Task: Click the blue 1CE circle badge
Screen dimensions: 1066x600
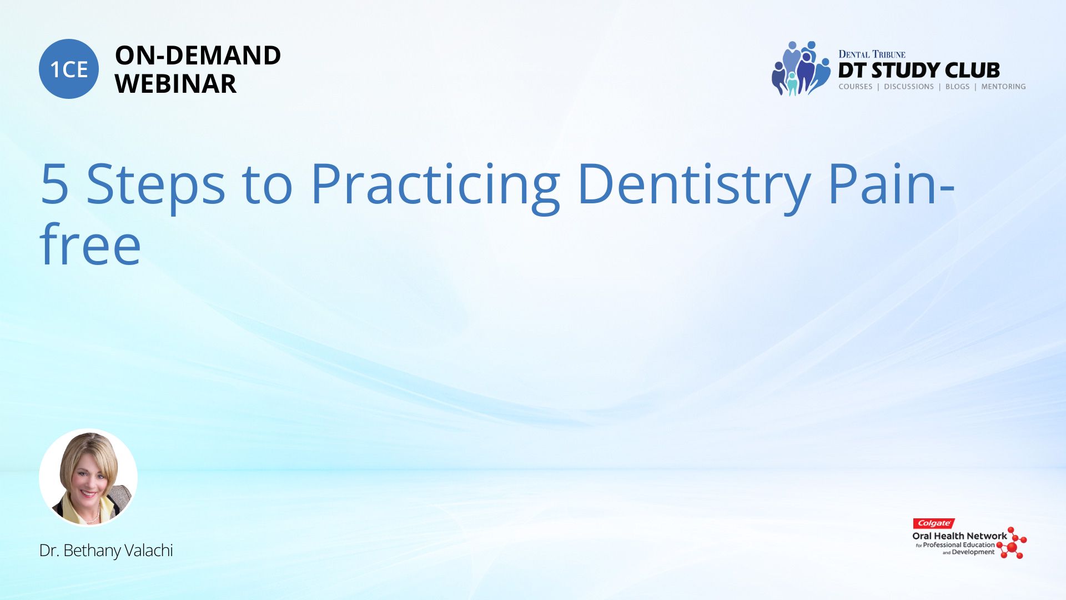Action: tap(69, 69)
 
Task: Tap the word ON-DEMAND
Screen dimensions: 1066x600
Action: tap(198, 56)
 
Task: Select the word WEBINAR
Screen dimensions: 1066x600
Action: tap(175, 84)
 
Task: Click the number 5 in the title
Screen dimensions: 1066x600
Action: tap(54, 184)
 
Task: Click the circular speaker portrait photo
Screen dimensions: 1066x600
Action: tap(88, 477)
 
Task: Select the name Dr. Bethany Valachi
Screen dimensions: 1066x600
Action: tap(106, 551)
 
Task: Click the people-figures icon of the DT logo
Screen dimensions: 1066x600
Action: tap(801, 68)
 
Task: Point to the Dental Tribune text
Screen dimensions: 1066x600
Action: tap(872, 54)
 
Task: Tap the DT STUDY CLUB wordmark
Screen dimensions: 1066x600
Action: tap(919, 71)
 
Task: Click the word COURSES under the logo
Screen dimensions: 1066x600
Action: tap(856, 87)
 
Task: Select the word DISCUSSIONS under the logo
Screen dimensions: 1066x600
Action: tap(909, 87)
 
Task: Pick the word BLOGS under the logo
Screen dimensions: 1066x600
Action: tap(957, 87)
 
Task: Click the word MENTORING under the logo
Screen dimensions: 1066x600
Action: tap(1003, 87)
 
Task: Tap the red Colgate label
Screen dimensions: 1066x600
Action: tap(934, 523)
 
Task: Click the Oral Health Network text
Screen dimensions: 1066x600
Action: tap(959, 536)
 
